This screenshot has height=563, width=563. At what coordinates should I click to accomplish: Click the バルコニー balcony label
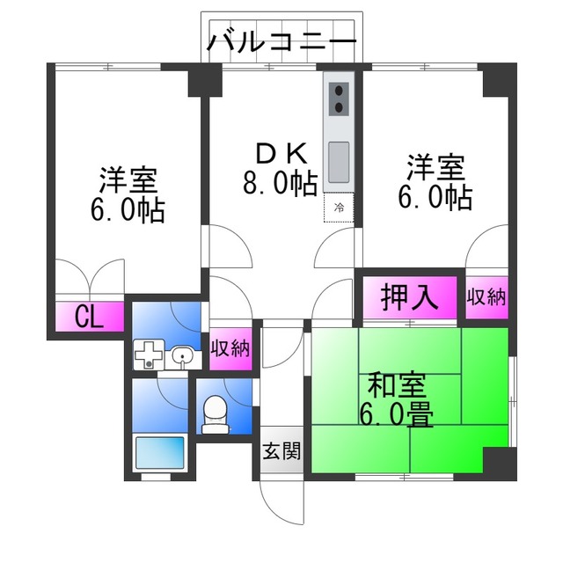[x=282, y=42]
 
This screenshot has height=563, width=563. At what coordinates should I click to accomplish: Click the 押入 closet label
[x=409, y=297]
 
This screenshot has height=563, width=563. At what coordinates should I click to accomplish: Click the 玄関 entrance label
[x=281, y=452]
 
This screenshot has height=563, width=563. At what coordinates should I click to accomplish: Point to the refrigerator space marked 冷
[x=339, y=208]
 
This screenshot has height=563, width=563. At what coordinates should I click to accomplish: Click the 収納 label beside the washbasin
[x=230, y=347]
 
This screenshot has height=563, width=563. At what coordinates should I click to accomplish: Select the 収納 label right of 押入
[x=486, y=297]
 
